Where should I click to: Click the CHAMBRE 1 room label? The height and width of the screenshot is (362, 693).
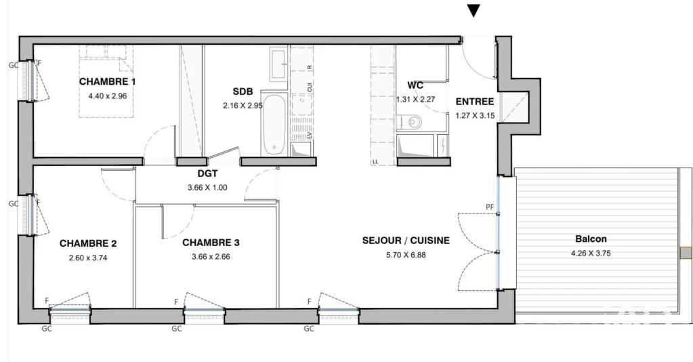coord(108,82)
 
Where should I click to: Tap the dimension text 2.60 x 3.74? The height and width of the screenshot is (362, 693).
coord(88,258)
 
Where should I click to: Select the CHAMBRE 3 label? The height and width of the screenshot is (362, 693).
coord(211,243)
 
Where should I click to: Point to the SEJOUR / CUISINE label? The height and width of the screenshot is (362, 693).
coord(406,241)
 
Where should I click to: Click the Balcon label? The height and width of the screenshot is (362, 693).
coord(591,239)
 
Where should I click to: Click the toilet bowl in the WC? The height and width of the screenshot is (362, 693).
coord(413,121)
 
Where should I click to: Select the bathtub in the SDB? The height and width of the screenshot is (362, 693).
coord(274,123)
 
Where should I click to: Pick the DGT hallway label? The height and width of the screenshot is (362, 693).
coord(208,174)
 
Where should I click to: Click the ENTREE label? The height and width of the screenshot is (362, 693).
coord(475,102)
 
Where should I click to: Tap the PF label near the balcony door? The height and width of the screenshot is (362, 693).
coord(490,207)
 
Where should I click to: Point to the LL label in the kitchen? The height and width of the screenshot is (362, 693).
coord(375,161)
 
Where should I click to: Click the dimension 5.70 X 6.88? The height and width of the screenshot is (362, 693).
coord(406,255)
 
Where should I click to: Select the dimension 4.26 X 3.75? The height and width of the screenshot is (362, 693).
coord(591,254)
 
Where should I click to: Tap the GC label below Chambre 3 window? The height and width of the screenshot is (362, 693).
coord(177,329)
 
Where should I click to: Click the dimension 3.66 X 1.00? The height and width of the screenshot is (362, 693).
coord(207,188)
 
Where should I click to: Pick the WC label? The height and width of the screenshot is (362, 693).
coord(415,85)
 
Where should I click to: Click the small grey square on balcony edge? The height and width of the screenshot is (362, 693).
coord(686,253)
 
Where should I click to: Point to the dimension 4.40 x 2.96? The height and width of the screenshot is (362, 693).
coord(108,96)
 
